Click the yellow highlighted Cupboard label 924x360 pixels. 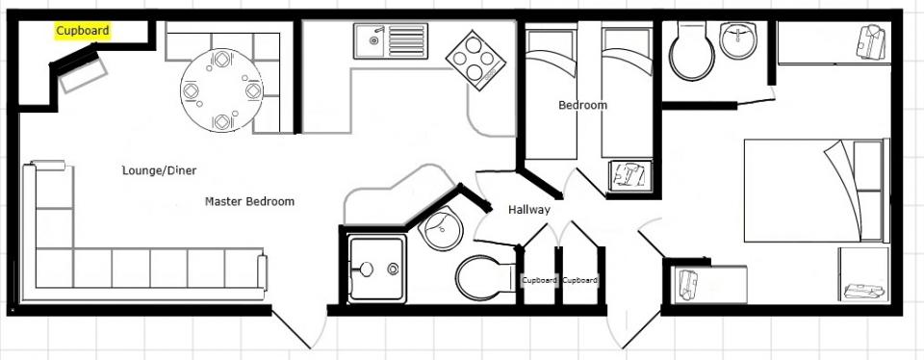point(83,31)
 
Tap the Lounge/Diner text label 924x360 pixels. point(159,171)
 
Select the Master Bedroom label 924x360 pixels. point(249,201)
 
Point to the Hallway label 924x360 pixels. point(529,210)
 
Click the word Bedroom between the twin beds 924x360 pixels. point(582,106)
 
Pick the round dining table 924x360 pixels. point(221,90)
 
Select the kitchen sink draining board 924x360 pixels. point(407,41)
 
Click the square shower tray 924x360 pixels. point(376,269)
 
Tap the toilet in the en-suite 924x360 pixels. point(692,51)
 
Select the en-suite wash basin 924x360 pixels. point(738,40)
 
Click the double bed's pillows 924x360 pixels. point(868,191)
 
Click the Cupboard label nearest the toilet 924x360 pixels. point(539,280)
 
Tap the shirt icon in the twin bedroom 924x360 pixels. point(629,175)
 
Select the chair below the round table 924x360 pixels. point(221,122)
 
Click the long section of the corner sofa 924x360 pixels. point(150,269)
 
